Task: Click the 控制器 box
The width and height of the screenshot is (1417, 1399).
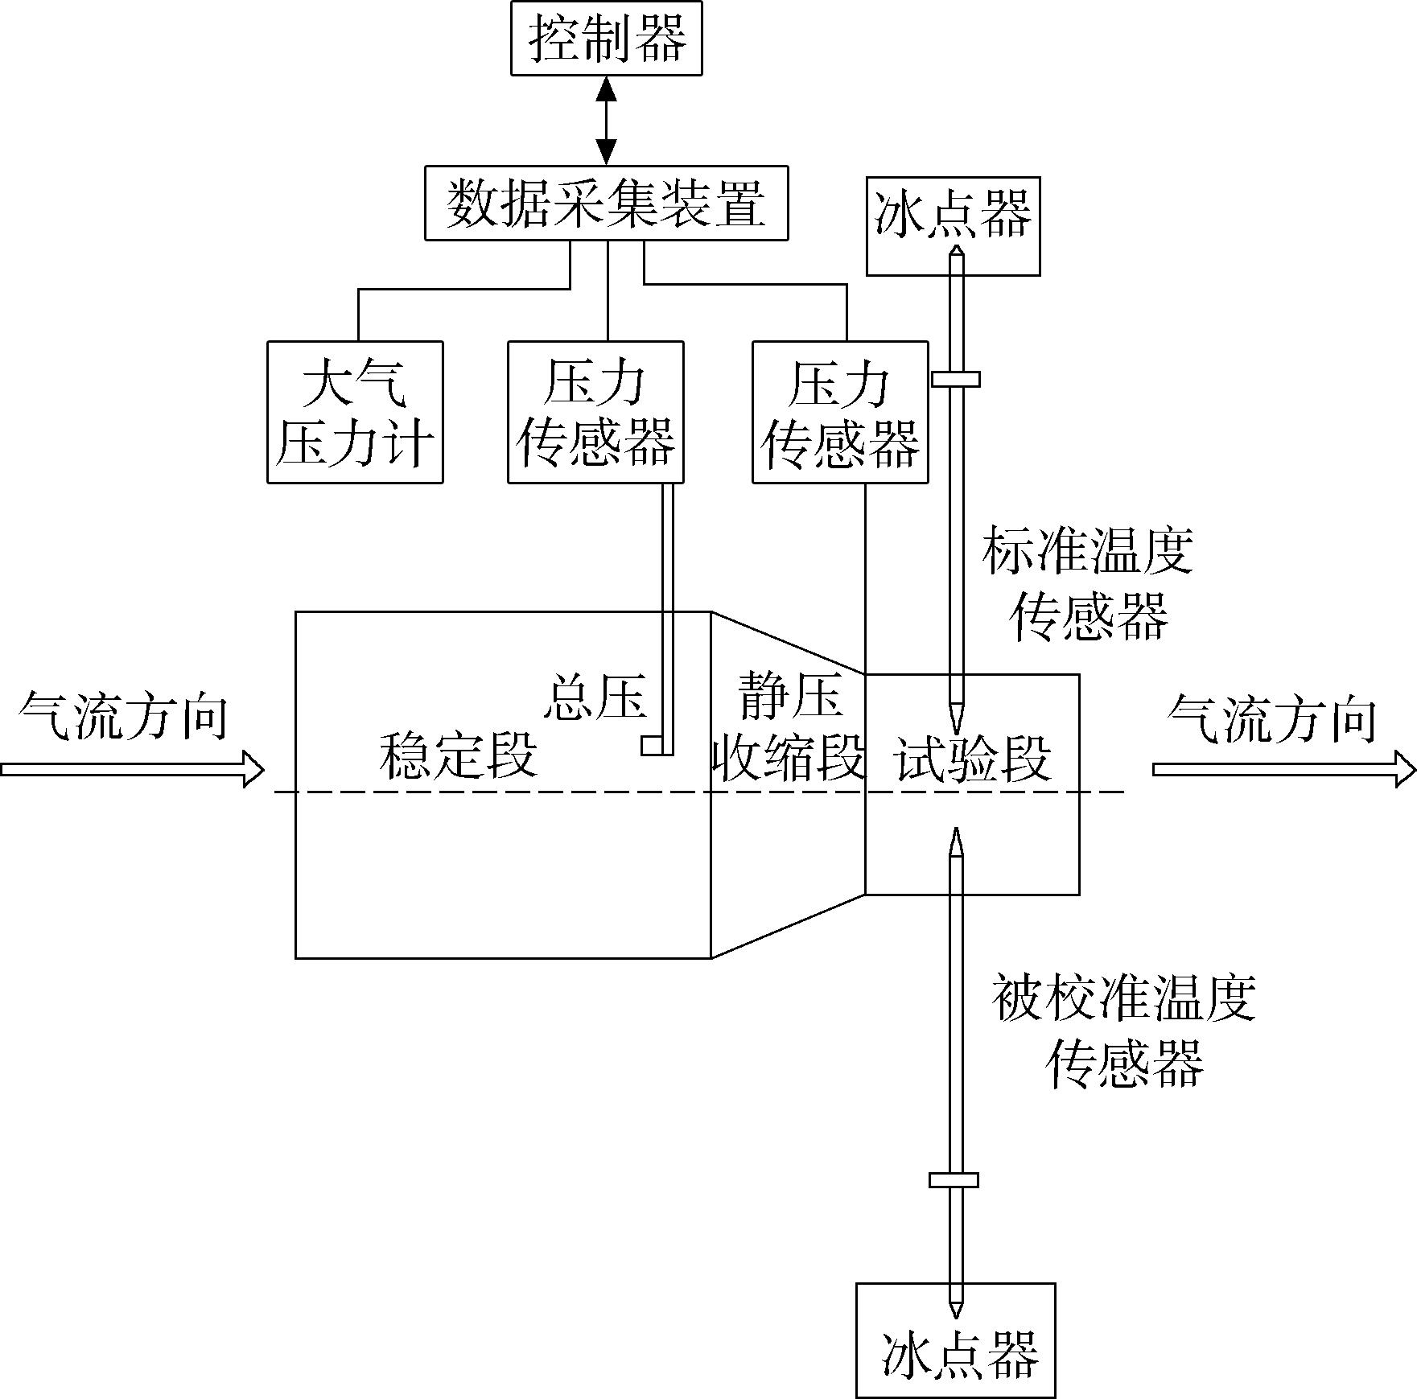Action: point(607,38)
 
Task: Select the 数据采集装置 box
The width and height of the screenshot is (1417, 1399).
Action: point(607,203)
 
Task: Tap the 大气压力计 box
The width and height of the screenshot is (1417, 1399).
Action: point(355,412)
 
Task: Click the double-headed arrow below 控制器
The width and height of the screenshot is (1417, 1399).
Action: point(607,121)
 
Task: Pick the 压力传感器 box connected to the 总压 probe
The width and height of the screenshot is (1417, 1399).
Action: point(595,412)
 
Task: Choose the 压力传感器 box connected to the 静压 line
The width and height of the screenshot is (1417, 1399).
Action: point(840,412)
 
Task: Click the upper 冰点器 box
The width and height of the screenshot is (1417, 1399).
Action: point(953,226)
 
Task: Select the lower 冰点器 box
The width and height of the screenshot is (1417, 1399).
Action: point(955,1339)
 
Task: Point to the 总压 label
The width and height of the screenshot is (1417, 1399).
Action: point(596,697)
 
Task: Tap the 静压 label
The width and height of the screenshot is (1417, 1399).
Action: point(791,695)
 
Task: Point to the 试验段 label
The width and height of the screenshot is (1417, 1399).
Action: point(974,758)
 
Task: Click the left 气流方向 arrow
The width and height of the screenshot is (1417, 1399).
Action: point(132,769)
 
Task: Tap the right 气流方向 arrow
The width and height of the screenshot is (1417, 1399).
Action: point(1284,769)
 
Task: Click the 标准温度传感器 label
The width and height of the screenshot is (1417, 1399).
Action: point(1088,584)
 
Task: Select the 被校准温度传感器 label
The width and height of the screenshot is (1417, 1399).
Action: point(1124,1031)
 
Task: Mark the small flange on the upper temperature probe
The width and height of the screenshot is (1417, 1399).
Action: point(956,379)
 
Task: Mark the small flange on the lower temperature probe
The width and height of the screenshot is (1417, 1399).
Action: point(954,1180)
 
